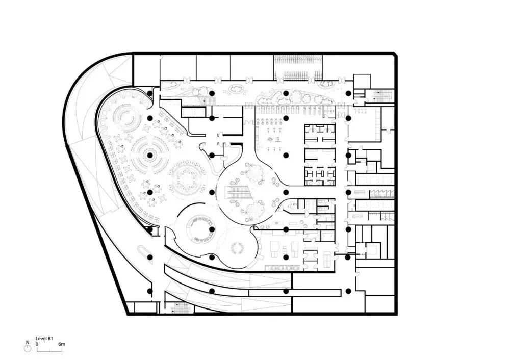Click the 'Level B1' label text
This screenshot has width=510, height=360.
click(44, 339)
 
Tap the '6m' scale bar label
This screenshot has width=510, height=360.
click(62, 344)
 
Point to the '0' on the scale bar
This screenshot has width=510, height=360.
click(37, 344)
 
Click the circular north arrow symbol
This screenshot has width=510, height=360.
click(28, 349)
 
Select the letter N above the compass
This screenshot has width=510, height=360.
click(28, 343)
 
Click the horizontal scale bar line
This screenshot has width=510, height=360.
click(49, 351)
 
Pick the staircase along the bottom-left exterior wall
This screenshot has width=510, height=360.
click(180, 307)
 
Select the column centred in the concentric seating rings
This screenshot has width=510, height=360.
click(149, 156)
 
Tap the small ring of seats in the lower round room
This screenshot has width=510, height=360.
click(237, 249)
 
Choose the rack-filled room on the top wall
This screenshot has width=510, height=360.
click(298, 67)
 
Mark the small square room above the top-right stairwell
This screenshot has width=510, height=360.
click(362, 81)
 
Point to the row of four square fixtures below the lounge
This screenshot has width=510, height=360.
click(282, 268)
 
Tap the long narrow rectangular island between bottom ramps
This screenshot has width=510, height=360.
click(295, 293)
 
